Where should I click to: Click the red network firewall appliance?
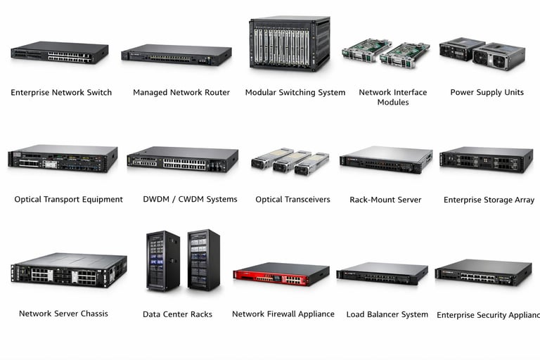pyautogui.click(x=281, y=273)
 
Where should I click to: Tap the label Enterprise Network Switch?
pyautogui.click(x=61, y=93)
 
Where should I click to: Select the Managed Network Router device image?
pyautogui.click(x=176, y=56)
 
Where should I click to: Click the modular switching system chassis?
pyautogui.click(x=289, y=44)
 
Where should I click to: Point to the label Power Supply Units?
pyautogui.click(x=487, y=93)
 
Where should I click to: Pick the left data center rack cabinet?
pyautogui.click(x=162, y=261)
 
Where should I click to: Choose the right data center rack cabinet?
pyautogui.click(x=203, y=259)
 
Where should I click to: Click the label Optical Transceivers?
pyautogui.click(x=292, y=200)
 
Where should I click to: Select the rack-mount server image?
pyautogui.click(x=385, y=160)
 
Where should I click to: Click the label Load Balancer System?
pyautogui.click(x=387, y=314)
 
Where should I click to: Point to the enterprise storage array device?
pyautogui.click(x=486, y=160)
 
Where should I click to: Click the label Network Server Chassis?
pyautogui.click(x=63, y=314)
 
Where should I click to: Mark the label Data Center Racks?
pyautogui.click(x=177, y=314)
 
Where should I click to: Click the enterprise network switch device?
pyautogui.click(x=60, y=53)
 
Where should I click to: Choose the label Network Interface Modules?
pyautogui.click(x=392, y=97)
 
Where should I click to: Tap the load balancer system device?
pyautogui.click(x=382, y=274)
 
